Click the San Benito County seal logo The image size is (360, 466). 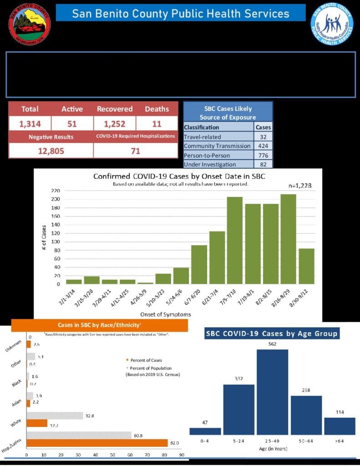point(30,24)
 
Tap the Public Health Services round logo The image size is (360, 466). point(332,24)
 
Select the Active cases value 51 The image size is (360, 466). point(71,123)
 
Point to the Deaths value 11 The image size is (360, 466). point(157,123)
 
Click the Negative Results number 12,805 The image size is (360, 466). point(51,151)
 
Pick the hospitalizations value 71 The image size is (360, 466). point(135,151)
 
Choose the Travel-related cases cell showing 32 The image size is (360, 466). point(264,137)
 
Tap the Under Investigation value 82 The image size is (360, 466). point(264,164)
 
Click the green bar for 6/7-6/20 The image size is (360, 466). point(199,264)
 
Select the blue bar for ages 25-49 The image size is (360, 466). point(272,392)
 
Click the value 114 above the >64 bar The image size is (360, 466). point(340,412)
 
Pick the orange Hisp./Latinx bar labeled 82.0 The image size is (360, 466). point(97,443)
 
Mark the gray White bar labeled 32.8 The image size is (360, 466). point(55,415)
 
